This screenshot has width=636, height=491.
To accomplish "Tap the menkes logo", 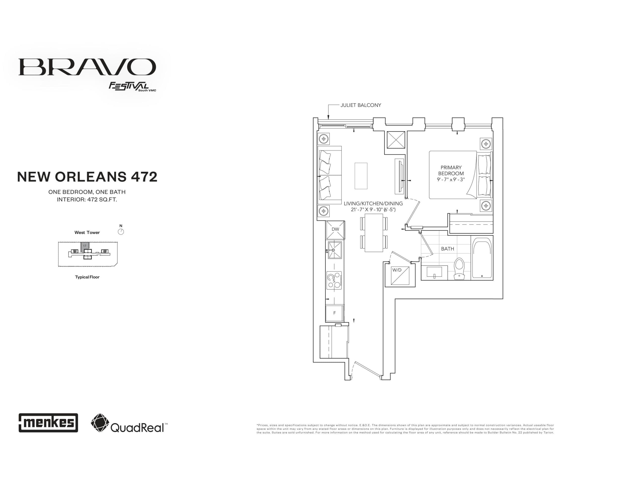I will coord(48,422).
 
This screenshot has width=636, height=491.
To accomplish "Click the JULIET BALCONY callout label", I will coord(360,105).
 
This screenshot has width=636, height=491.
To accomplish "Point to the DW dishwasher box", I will coord(335,230).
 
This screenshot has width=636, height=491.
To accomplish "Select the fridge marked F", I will coord(334,313).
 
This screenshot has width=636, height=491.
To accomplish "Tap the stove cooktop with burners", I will coord(334,280).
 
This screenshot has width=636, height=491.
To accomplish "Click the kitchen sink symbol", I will coord(334,250).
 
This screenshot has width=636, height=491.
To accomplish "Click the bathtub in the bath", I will coord(482,258).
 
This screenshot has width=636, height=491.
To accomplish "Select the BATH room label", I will coord(447,248).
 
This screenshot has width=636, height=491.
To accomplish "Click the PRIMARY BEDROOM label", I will coord(451,170).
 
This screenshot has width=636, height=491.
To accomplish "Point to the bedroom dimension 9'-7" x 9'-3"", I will coord(451,179).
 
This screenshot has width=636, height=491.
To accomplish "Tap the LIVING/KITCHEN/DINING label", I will coord(373,204).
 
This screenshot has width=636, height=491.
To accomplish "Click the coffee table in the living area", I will coord(361,176).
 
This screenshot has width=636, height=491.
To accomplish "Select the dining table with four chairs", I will coord(374,233).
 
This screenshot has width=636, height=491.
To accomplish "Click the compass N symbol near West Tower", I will coord(121,231).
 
